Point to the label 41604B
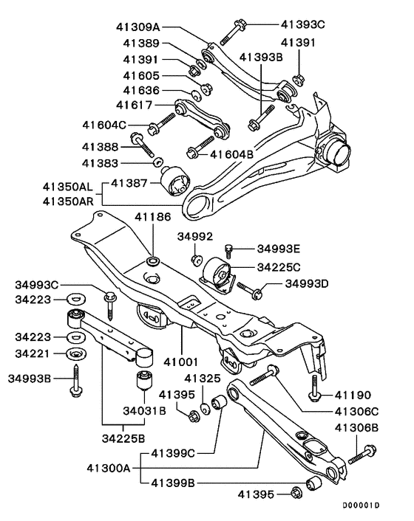coord(232,154)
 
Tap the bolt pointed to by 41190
coord(315,388)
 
